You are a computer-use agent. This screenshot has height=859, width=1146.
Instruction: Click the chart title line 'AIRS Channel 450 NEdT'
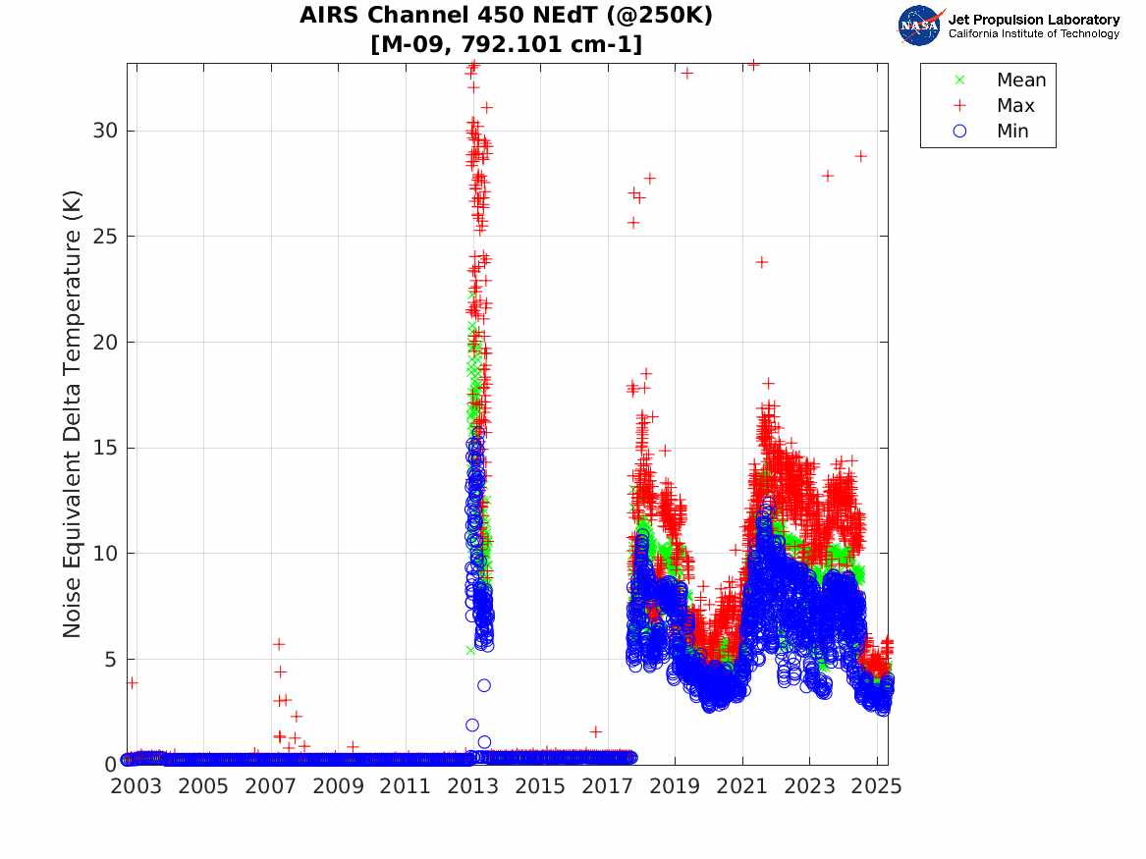tap(506, 16)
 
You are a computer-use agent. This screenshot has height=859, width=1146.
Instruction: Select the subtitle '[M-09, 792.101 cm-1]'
tap(506, 44)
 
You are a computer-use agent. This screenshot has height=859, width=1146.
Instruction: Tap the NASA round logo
tap(919, 26)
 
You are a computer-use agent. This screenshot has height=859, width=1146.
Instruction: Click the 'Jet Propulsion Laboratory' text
tap(1033, 20)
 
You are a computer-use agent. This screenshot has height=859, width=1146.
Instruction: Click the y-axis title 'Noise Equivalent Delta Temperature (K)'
tap(73, 413)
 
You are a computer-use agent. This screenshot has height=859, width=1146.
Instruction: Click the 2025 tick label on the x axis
tap(877, 786)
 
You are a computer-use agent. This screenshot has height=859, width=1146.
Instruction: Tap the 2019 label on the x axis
tap(675, 786)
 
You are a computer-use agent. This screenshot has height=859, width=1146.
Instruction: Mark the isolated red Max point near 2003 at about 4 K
tap(132, 682)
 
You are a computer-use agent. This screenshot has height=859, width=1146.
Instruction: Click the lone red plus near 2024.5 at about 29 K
tap(860, 155)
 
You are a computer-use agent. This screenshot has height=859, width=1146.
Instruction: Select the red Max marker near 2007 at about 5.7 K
tap(279, 644)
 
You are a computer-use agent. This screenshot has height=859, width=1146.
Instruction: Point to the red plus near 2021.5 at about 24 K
tap(761, 262)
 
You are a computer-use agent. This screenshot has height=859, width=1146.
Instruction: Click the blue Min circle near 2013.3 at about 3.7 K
tap(484, 685)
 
